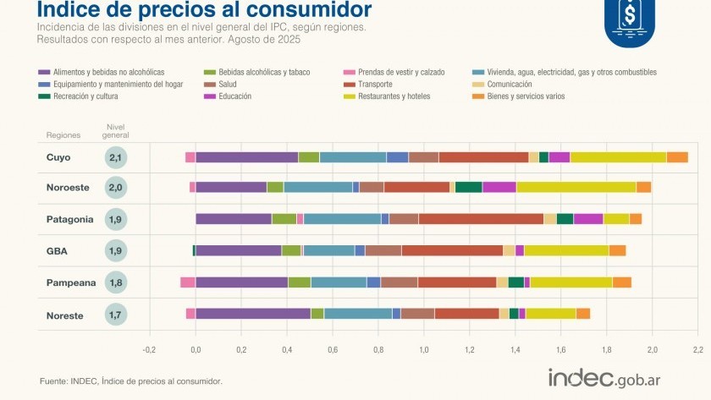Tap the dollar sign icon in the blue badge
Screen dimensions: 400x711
pyautogui.click(x=629, y=15)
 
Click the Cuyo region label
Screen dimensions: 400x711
pyautogui.click(x=58, y=157)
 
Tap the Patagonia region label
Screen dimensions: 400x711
pyautogui.click(x=69, y=219)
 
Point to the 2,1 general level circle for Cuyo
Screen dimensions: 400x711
pyautogui.click(x=117, y=157)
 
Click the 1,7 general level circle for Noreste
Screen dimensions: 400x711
pyautogui.click(x=117, y=315)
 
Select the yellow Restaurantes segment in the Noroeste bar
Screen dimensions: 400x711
pyautogui.click(x=576, y=187)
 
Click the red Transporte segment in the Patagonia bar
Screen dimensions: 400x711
pyautogui.click(x=481, y=219)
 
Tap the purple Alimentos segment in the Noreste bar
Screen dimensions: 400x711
pyautogui.click(x=252, y=314)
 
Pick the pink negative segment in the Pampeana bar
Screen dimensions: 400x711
pyautogui.click(x=187, y=282)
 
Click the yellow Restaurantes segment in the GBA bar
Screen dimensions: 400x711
pyautogui.click(x=565, y=250)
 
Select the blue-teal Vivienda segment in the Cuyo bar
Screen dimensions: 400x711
pyautogui.click(x=352, y=156)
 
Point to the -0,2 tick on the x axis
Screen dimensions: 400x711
pyautogui.click(x=149, y=348)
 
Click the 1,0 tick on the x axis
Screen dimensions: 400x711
pyautogui.click(x=424, y=348)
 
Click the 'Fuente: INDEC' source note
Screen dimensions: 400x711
pyautogui.click(x=131, y=381)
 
